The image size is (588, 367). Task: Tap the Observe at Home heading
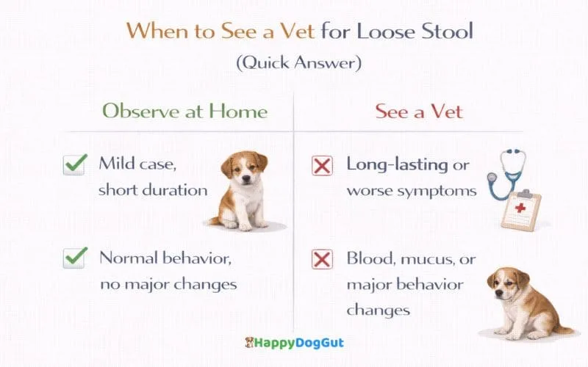pyautogui.click(x=184, y=112)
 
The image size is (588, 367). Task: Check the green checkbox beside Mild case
pyautogui.click(x=75, y=165)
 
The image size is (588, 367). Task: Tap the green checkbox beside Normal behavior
pyautogui.click(x=75, y=258)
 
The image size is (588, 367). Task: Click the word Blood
pyautogui.click(x=368, y=258)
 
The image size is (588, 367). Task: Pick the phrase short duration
pyautogui.click(x=154, y=189)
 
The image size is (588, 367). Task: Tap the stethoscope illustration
pyautogui.click(x=504, y=173)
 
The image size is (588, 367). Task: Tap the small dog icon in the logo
pyautogui.click(x=251, y=342)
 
